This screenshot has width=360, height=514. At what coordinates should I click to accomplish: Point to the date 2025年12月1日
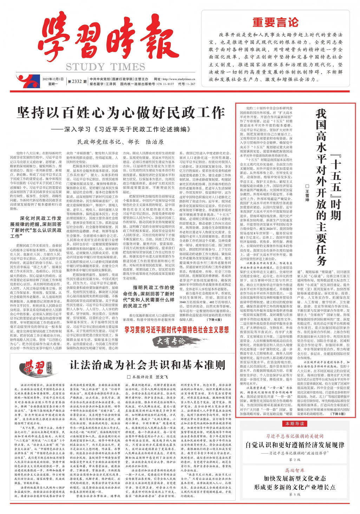tap(53, 79)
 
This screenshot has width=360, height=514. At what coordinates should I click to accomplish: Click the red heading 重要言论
tap(275, 22)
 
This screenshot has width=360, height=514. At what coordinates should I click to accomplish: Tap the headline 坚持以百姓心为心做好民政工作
tap(121, 113)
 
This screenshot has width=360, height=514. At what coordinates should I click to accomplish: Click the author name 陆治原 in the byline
tap(155, 142)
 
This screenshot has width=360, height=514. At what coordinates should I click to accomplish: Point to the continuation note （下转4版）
tap(214, 320)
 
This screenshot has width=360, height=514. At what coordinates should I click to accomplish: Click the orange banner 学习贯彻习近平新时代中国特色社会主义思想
tap(177, 330)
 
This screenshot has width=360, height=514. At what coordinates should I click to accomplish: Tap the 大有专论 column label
tap(171, 341)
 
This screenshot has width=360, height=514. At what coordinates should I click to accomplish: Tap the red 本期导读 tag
tap(295, 423)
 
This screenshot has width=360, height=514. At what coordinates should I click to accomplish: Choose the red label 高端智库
tap(295, 470)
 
